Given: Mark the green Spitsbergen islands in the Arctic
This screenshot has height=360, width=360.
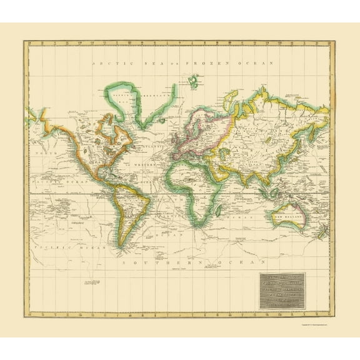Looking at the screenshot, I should [x=194, y=80].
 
